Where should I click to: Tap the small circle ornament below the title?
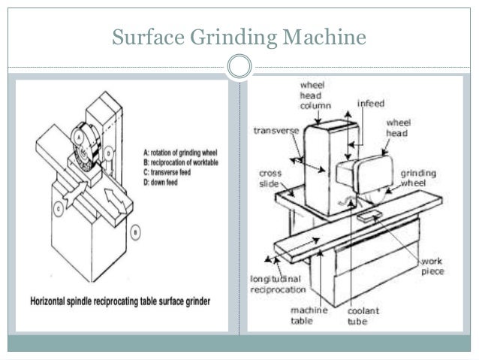[239, 67]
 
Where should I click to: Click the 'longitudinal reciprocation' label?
[278, 283]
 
